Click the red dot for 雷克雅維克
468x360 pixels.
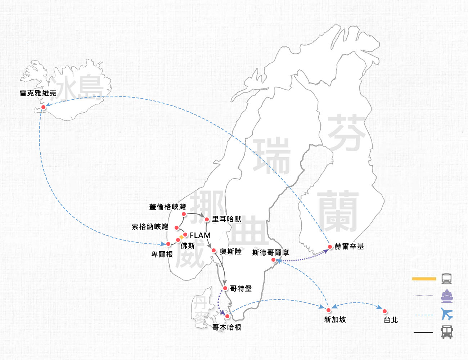[44, 107]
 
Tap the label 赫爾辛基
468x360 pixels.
[349, 247]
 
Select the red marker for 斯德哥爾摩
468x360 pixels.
[274, 260]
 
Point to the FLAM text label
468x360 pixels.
[200, 235]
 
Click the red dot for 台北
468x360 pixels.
[385, 311]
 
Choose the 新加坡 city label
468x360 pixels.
[335, 320]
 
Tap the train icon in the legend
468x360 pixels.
[447, 279]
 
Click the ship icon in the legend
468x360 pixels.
[447, 296]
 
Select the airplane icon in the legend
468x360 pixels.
[447, 314]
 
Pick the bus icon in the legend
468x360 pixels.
[447, 332]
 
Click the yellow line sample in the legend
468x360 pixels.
[424, 279]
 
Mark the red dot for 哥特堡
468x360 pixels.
[225, 288]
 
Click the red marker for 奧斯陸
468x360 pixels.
[214, 251]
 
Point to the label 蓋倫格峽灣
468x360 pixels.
[168, 207]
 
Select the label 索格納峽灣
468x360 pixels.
[150, 227]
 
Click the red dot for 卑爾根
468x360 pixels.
[168, 244]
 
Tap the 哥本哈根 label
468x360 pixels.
[227, 328]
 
